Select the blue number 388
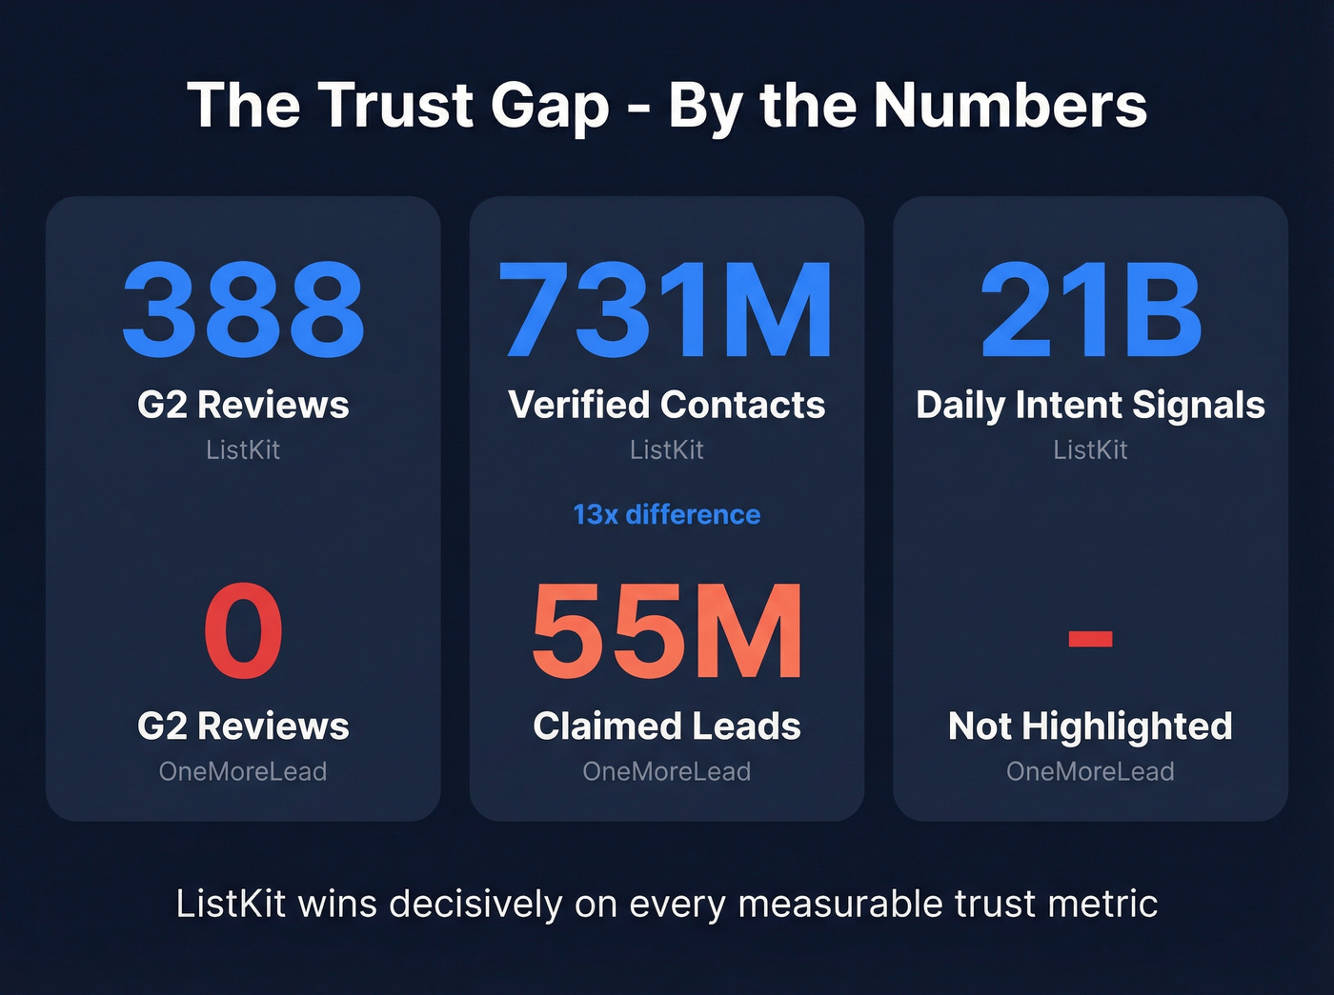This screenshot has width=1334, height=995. point(243,310)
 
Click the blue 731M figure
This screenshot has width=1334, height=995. point(666,310)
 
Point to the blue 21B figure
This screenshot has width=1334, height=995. point(1090,310)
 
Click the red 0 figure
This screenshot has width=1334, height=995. point(243,631)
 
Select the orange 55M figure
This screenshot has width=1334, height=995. point(666,631)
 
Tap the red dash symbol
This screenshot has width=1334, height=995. point(1090,637)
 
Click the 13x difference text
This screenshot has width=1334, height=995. point(666,514)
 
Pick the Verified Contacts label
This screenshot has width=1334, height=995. point(666,405)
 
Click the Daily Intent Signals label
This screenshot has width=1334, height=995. point(1090,405)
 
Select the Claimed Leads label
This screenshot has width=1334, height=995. point(666,726)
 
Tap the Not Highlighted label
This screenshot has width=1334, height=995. point(1090,726)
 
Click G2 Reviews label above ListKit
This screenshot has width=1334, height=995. point(243,405)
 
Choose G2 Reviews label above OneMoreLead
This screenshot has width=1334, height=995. point(243,726)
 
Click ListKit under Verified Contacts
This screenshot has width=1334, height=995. point(666,449)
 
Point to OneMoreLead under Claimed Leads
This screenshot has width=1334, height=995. point(666,771)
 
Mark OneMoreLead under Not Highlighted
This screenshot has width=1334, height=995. point(1090,771)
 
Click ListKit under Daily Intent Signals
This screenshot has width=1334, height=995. point(1090,449)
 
